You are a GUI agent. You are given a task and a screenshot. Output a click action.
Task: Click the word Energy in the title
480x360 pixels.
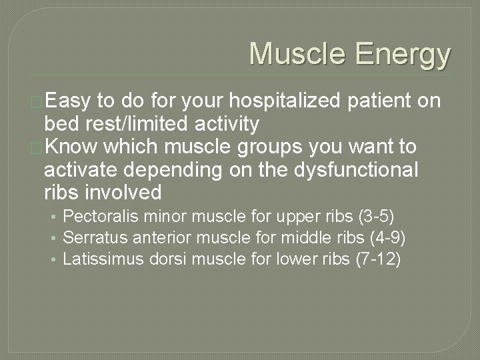pyautogui.click(x=404, y=55)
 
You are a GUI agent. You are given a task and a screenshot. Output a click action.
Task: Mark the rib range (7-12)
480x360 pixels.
pyautogui.click(x=377, y=259)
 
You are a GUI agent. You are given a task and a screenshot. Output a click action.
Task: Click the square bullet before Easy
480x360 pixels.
pyautogui.click(x=37, y=101)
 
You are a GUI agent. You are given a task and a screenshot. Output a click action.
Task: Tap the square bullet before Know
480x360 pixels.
pyautogui.click(x=37, y=147)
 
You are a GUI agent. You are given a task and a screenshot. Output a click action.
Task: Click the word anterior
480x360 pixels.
pyautogui.click(x=153, y=238)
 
